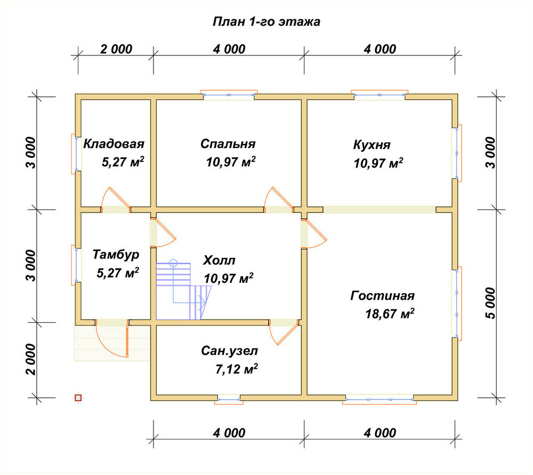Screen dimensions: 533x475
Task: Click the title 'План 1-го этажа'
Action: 266,21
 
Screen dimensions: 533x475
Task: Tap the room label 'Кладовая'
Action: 114,144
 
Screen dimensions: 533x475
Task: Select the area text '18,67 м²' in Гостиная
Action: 390,313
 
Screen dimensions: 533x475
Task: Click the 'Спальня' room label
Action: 228,144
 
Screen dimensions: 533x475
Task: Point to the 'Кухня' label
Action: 372,145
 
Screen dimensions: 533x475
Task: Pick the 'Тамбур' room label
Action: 116,255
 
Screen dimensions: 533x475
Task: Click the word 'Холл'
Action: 219,260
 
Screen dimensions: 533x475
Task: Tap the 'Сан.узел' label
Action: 229,350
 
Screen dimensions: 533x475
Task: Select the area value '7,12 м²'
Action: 237,368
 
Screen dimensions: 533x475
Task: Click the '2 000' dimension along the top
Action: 116,49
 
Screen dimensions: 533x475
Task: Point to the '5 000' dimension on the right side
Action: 490,303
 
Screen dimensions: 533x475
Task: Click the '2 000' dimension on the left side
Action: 30,359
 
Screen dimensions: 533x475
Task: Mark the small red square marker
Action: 78,398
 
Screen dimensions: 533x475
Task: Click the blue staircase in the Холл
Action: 183,291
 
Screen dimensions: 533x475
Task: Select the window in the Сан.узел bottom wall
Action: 229,399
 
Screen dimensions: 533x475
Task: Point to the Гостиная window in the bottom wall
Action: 379,399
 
